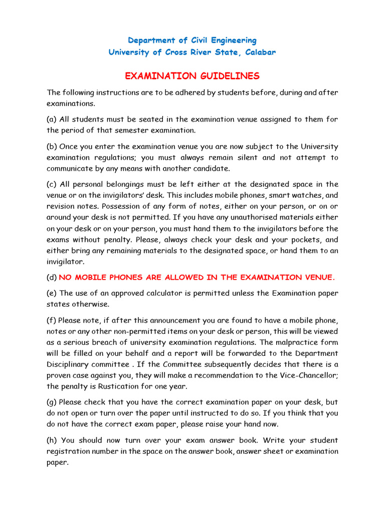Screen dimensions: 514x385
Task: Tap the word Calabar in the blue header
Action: tap(257, 52)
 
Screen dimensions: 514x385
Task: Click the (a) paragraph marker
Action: tap(52, 119)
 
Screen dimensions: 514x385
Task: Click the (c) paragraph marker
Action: tap(52, 184)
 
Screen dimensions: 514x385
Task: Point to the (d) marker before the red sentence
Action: tap(52, 277)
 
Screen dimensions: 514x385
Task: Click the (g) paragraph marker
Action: tap(52, 403)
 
